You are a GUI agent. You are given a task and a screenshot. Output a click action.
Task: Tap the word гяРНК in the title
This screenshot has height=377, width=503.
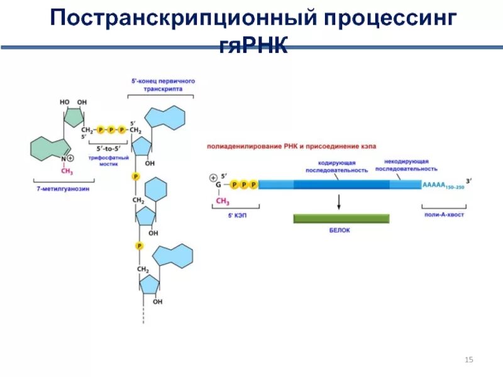click(253, 45)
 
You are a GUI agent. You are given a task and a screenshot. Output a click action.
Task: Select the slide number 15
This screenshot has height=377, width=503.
click(468, 359)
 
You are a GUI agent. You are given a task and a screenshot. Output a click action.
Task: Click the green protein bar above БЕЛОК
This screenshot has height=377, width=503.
click(341, 218)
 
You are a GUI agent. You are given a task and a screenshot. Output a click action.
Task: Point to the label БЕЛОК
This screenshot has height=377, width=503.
click(340, 230)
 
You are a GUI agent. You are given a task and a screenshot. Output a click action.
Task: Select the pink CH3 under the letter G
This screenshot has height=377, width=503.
click(223, 200)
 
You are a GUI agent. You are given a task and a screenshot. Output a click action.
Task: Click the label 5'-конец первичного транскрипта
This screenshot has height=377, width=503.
click(161, 85)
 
